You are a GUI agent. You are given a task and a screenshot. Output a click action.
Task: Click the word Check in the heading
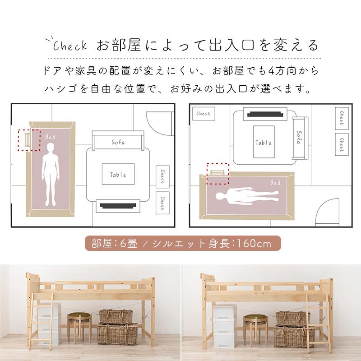(68, 46)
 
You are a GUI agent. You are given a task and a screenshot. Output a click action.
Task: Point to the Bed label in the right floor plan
(275, 183)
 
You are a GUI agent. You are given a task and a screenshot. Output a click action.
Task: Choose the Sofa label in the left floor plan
(118, 142)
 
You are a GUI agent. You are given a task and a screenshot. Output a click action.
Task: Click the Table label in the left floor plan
(118, 175)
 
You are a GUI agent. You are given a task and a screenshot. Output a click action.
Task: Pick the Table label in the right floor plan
(264, 143)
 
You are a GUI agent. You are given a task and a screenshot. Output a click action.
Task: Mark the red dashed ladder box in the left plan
(29, 140)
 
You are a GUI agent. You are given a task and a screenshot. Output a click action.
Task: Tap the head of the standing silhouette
(51, 147)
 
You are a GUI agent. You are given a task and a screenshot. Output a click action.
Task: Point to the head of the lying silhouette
(220, 196)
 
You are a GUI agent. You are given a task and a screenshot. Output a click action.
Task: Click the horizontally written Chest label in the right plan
(203, 114)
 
